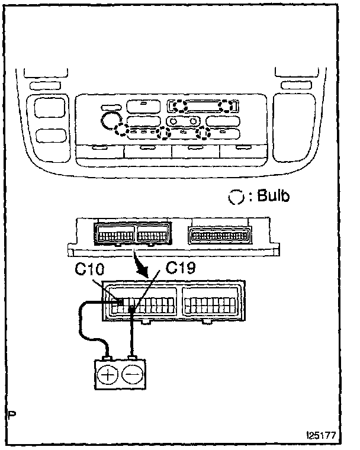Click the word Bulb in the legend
pos(274,197)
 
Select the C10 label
pos(87,271)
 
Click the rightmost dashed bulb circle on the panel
pos(226,106)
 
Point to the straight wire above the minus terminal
pos(133,337)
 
